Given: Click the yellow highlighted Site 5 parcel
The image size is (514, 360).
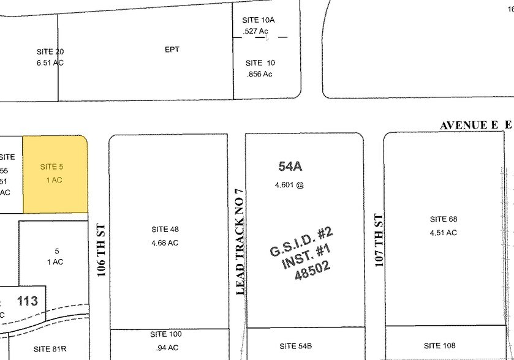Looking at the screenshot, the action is pyautogui.click(x=55, y=174).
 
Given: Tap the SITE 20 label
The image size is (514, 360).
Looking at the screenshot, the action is pyautogui.click(x=50, y=51).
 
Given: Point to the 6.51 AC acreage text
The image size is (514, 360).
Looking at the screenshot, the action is pyautogui.click(x=50, y=62).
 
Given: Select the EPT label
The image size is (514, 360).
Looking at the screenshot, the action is pyautogui.click(x=172, y=50).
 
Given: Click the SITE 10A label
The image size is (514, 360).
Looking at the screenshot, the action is pyautogui.click(x=259, y=20).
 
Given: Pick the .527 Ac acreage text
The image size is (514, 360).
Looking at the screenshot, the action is pyautogui.click(x=256, y=31).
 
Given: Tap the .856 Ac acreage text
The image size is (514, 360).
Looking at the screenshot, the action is pyautogui.click(x=259, y=74).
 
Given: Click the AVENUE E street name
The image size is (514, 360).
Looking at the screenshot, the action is pyautogui.click(x=468, y=126).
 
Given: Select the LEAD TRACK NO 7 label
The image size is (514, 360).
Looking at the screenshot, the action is pyautogui.click(x=240, y=242).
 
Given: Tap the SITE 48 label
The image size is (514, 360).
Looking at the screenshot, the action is pyautogui.click(x=165, y=230).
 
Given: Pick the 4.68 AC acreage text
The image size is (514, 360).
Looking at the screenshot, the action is pyautogui.click(x=165, y=242).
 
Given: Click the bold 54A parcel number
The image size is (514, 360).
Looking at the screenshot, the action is pyautogui.click(x=290, y=166).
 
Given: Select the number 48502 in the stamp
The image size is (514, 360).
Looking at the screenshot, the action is pyautogui.click(x=312, y=270).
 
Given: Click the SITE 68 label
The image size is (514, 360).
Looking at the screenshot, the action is pyautogui.click(x=444, y=219).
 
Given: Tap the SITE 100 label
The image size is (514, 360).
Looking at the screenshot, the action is pyautogui.click(x=166, y=334).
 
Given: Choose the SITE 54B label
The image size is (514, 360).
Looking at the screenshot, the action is pyautogui.click(x=296, y=346).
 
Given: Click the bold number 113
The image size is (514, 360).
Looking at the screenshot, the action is pyautogui.click(x=28, y=301).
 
